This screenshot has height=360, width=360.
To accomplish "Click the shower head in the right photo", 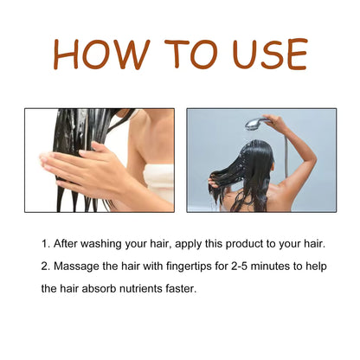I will point(254,125).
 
